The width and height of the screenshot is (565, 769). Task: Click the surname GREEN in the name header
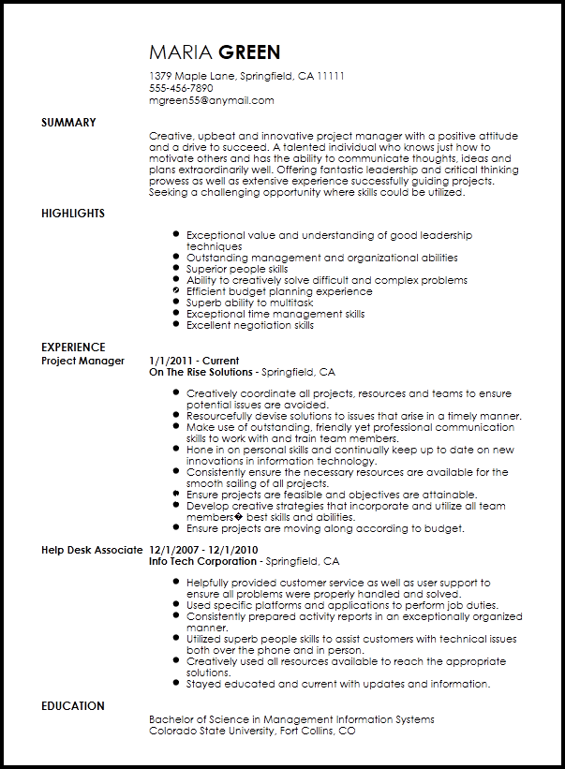click(249, 52)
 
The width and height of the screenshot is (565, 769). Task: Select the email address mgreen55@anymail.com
click(212, 100)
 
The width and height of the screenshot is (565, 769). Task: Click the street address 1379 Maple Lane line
click(247, 76)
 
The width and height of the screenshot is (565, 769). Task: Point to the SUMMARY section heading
click(68, 123)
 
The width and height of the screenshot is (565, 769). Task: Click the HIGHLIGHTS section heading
click(73, 214)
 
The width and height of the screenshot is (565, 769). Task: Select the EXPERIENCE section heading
click(73, 348)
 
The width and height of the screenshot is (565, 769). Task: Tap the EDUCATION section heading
click(73, 706)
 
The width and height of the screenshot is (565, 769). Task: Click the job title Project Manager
click(83, 361)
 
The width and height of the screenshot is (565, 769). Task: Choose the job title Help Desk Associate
click(92, 550)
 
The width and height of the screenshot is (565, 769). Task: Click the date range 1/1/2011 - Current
click(194, 361)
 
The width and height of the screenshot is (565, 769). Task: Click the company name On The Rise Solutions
click(201, 372)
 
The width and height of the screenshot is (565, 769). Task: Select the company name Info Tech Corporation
click(202, 561)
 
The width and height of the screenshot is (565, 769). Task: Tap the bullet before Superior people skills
click(175, 270)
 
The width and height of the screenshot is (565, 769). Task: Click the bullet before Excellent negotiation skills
click(175, 326)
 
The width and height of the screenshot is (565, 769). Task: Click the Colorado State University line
click(252, 731)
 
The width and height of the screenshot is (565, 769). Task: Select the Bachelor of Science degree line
click(291, 719)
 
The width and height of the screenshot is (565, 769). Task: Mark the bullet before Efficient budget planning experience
click(175, 292)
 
